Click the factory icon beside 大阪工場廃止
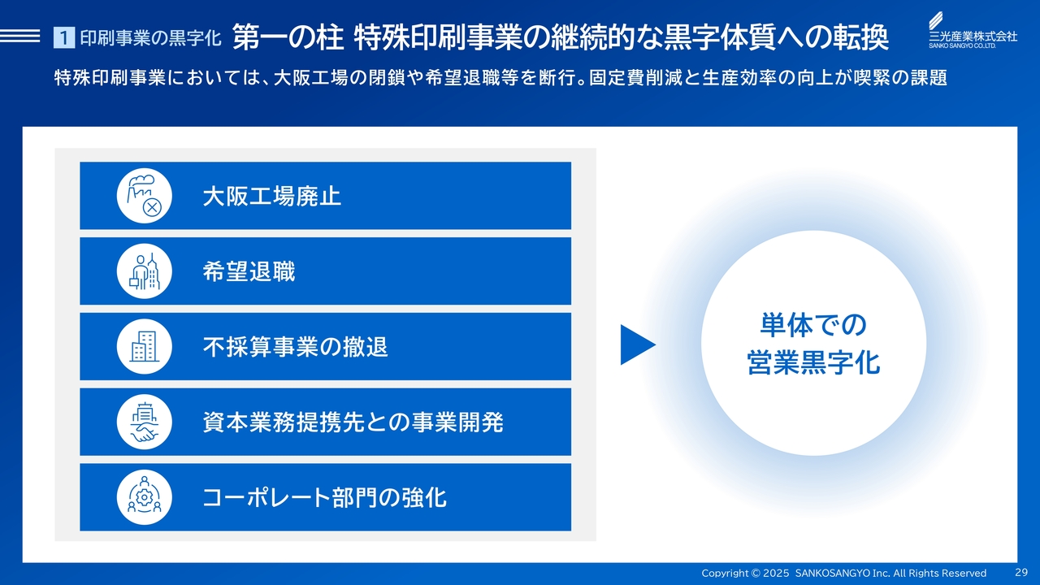[x=145, y=196]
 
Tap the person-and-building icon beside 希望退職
[x=145, y=271]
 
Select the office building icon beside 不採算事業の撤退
[x=145, y=346]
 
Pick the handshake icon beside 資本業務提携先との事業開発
[x=145, y=422]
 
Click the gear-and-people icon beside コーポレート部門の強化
[x=145, y=497]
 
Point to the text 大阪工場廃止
[x=272, y=196]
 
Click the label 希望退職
[x=249, y=271]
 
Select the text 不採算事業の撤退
[x=295, y=347]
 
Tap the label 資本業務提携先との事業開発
[x=353, y=422]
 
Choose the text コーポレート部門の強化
[x=324, y=498]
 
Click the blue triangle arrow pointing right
[x=638, y=344]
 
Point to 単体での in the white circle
[x=813, y=324]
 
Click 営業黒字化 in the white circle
[x=813, y=362]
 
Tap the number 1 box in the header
[x=64, y=37]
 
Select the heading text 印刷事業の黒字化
[x=150, y=38]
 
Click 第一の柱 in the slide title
[x=288, y=37]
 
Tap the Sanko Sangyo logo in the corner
[x=973, y=30]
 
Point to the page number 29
[x=1021, y=573]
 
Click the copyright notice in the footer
[x=843, y=573]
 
